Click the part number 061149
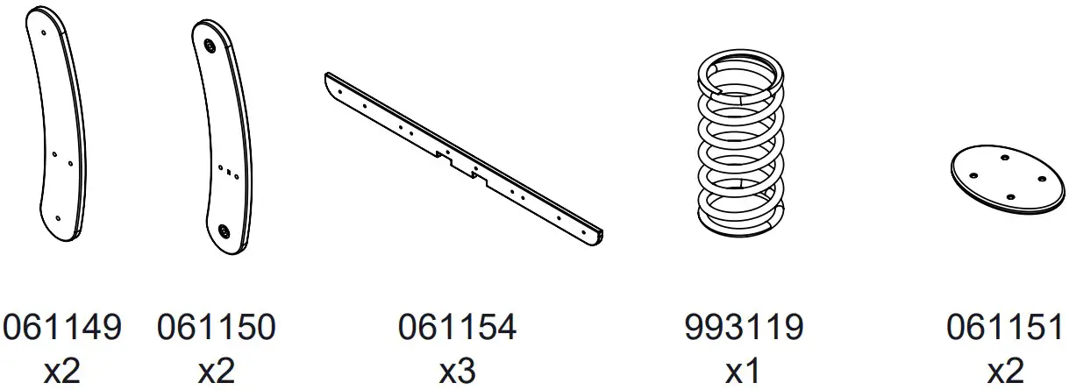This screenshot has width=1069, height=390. (x=62, y=327)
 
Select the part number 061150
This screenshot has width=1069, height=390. (x=217, y=327)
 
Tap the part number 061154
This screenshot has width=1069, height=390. (x=457, y=327)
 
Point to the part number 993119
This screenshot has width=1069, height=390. (x=744, y=327)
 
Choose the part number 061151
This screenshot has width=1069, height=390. (x=1006, y=327)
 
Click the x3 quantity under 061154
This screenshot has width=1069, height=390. (x=457, y=371)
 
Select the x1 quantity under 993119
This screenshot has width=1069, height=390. (x=743, y=371)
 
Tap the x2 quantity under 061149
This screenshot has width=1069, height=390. (x=62, y=371)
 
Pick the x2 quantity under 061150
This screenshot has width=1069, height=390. (x=217, y=371)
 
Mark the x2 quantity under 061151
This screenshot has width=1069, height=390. (x=1006, y=371)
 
